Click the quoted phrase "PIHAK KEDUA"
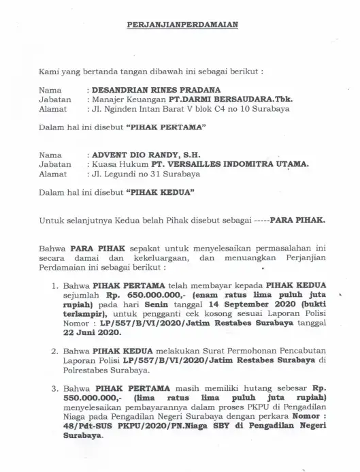coord(161,192)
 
